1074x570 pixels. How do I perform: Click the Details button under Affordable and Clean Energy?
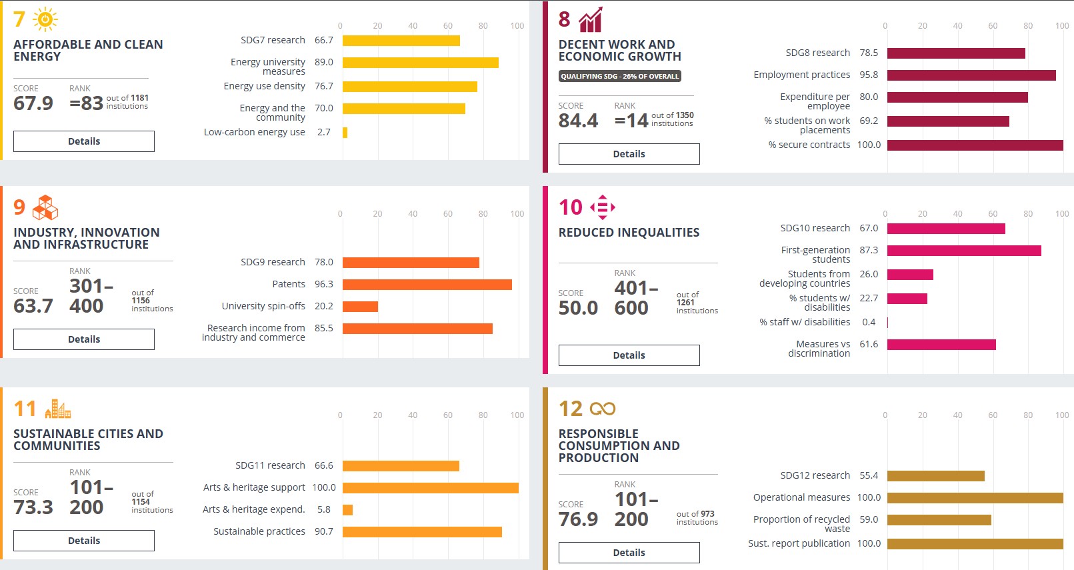click(84, 141)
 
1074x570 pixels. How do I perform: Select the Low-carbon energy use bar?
click(345, 133)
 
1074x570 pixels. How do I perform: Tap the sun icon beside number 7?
click(45, 20)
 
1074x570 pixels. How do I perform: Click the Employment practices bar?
click(971, 75)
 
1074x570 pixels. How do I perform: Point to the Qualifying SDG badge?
click(620, 77)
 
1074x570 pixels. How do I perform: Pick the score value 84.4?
click(578, 121)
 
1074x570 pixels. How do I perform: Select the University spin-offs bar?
click(360, 307)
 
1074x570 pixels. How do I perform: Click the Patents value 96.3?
click(324, 284)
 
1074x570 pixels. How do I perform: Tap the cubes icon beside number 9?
click(45, 208)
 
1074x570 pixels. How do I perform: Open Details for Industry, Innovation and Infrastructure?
click(84, 339)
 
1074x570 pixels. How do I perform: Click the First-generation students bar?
click(964, 251)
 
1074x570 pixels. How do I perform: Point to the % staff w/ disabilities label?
click(805, 322)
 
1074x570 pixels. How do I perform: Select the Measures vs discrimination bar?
click(941, 345)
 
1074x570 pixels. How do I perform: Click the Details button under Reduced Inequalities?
click(629, 355)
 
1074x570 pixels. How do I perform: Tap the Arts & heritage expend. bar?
click(347, 510)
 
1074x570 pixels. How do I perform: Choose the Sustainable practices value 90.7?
click(324, 531)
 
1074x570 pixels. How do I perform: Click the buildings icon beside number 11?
click(58, 409)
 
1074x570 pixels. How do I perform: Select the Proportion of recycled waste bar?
click(939, 520)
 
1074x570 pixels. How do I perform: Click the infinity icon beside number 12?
click(603, 409)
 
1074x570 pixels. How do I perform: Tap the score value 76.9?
click(578, 519)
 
